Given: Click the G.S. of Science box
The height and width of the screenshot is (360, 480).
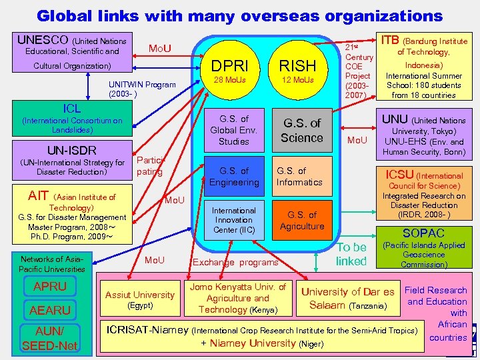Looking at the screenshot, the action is (x=301, y=131).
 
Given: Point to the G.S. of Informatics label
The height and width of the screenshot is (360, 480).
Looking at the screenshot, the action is (x=299, y=177).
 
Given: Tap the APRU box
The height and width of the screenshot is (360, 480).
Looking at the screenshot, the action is (x=50, y=287).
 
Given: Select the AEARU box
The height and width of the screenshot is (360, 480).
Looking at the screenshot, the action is (x=50, y=310).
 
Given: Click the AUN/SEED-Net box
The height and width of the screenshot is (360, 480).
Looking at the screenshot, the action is (x=50, y=339).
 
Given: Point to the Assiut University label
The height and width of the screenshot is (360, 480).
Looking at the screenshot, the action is (x=140, y=295).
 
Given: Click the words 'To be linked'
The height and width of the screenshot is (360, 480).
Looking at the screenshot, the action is (x=351, y=254).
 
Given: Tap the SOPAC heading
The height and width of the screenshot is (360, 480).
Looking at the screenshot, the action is (x=423, y=233).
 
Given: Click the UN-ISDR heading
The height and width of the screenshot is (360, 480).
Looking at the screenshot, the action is (x=71, y=150).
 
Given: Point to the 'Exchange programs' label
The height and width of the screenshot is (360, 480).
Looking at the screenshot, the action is (x=235, y=262).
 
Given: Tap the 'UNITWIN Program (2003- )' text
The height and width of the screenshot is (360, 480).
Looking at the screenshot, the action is (x=142, y=89).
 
